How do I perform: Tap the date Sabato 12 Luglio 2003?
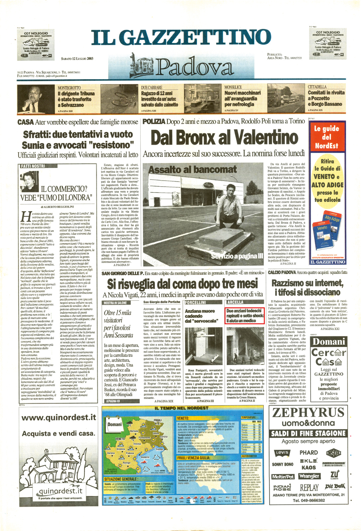click(77, 59)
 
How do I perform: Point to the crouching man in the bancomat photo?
click(231, 207)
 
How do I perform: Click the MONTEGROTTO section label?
click(69, 88)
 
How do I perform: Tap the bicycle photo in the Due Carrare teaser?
click(119, 99)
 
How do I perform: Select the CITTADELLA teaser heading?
click(317, 87)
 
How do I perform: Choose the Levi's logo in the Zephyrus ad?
click(282, 453)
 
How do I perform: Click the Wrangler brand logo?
click(309, 476)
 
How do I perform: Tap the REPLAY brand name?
click(309, 488)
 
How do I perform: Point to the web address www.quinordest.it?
click(59, 418)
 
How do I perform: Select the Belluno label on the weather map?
click(134, 431)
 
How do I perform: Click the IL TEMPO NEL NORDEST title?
click(181, 408)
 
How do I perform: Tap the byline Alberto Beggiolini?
click(57, 207)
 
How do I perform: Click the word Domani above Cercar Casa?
click(328, 342)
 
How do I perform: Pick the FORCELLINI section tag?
click(195, 302)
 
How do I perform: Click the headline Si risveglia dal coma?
click(182, 284)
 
